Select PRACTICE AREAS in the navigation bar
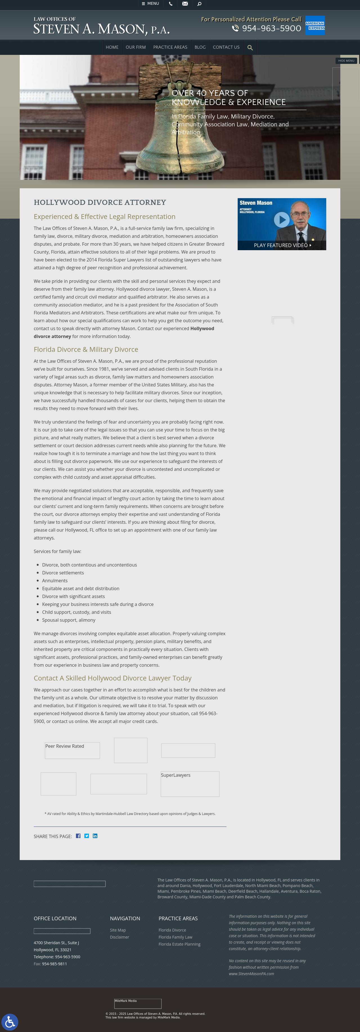click(x=170, y=47)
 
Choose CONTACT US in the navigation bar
click(x=226, y=47)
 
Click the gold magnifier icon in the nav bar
click(x=250, y=48)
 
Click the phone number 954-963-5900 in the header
click(x=271, y=28)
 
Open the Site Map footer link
click(x=118, y=930)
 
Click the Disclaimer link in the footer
click(x=119, y=937)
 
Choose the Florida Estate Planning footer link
click(x=179, y=944)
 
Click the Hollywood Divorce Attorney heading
click(x=100, y=202)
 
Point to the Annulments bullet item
click(x=55, y=581)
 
